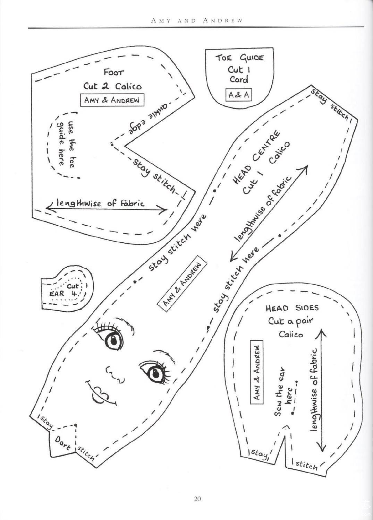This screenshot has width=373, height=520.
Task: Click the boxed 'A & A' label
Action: [x=239, y=95]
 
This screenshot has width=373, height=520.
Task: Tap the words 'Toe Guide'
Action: [x=240, y=57]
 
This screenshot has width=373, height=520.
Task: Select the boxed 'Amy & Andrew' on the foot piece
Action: [x=112, y=100]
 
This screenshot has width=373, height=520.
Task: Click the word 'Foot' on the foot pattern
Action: [x=114, y=72]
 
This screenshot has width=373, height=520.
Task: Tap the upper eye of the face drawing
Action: [x=113, y=341]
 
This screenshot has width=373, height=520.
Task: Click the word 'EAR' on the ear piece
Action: [x=57, y=293]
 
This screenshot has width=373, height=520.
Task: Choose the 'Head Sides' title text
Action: [x=292, y=308]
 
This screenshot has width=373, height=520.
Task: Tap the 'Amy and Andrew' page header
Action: [x=197, y=20]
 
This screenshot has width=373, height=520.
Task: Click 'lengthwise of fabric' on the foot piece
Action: [x=100, y=203]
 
